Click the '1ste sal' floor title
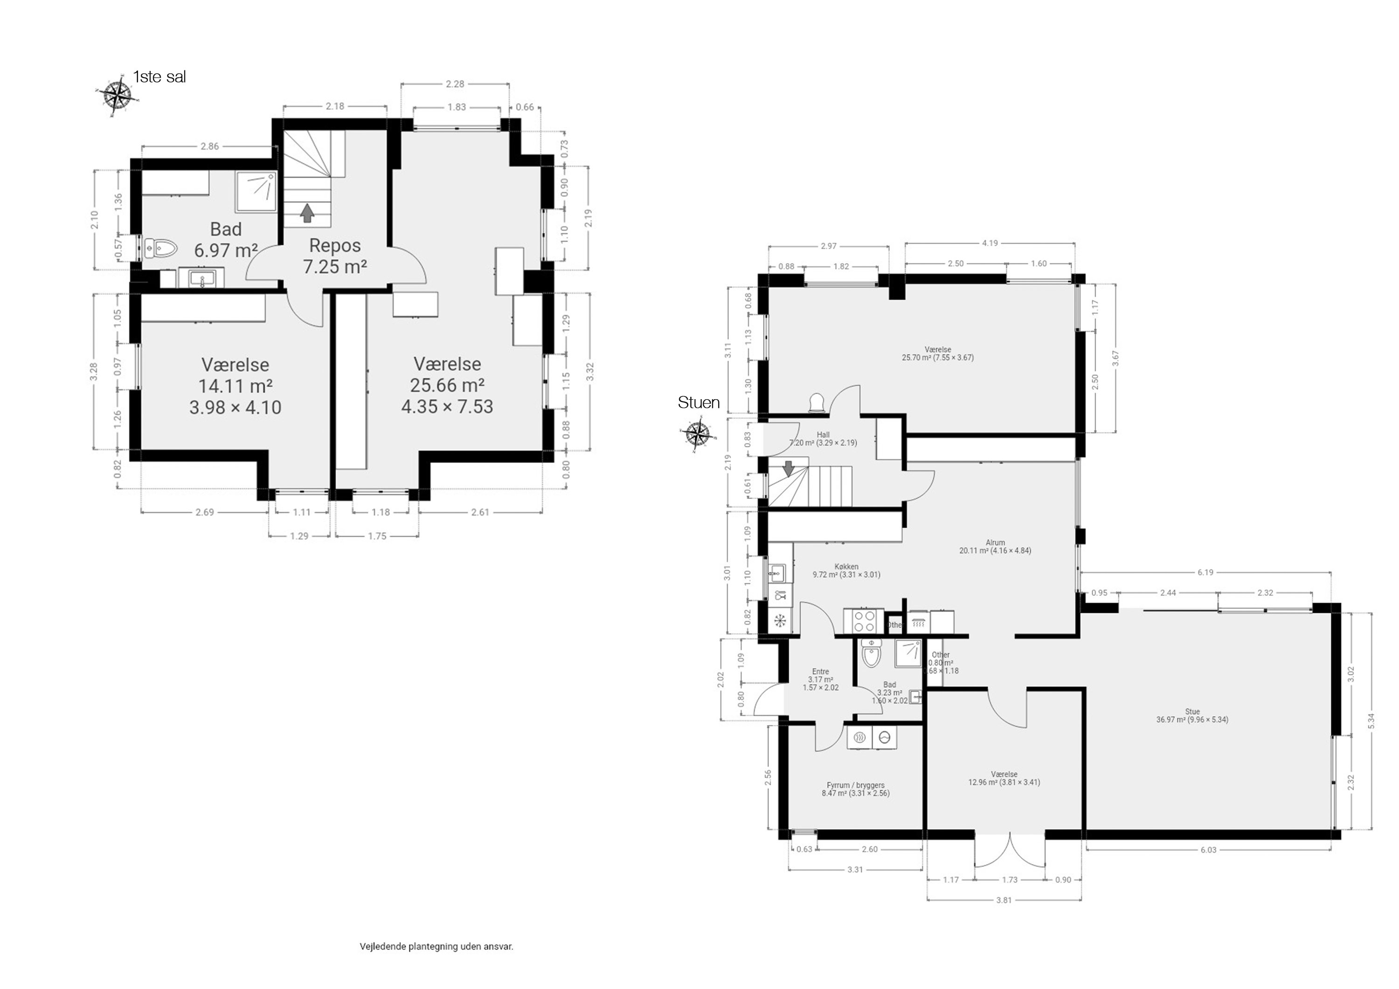coord(159,77)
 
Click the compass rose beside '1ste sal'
coord(117,95)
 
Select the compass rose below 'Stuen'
coord(696,435)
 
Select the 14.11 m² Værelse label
coord(235,386)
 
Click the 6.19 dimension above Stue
coord(1205,572)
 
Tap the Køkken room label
coord(846,570)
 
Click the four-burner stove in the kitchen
coord(863,622)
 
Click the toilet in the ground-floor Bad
coord(872,656)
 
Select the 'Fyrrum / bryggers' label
coord(855,789)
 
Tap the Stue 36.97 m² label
coord(1192,715)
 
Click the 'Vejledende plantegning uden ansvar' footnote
coord(436,947)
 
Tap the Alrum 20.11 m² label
coord(995,546)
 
